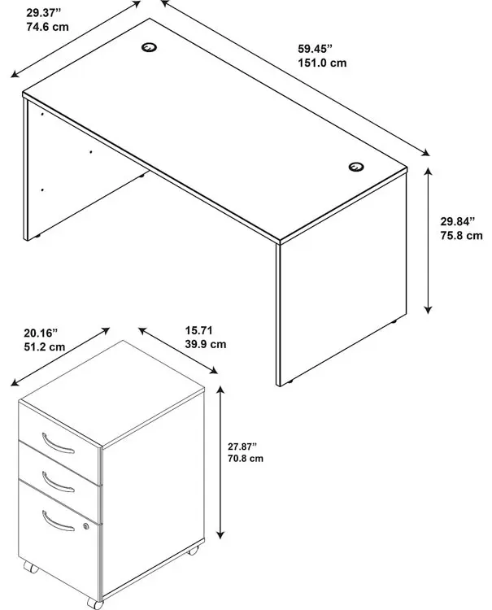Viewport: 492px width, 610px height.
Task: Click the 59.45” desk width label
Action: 315,49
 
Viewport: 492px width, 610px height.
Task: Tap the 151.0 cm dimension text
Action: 322,63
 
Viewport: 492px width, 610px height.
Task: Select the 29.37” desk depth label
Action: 44,13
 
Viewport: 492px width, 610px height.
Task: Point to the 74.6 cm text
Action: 47,27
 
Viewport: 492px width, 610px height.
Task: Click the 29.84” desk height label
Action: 458,221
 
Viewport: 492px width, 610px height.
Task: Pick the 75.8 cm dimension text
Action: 461,235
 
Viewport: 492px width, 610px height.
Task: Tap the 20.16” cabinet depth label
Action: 41,333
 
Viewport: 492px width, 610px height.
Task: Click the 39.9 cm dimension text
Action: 206,344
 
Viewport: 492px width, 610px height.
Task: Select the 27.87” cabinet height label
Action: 242,447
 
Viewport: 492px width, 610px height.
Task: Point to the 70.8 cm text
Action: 246,458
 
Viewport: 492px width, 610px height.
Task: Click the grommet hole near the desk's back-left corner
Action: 149,47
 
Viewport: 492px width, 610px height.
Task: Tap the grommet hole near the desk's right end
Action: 356,167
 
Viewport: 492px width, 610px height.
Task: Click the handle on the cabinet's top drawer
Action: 58,444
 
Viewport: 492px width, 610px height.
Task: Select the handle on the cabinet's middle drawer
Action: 58,482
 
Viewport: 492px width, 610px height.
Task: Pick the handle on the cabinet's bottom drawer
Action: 58,521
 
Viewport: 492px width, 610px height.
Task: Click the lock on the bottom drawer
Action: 86,526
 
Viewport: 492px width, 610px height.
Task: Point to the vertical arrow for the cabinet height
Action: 220,462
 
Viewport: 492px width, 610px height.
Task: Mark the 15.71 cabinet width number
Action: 198,331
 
